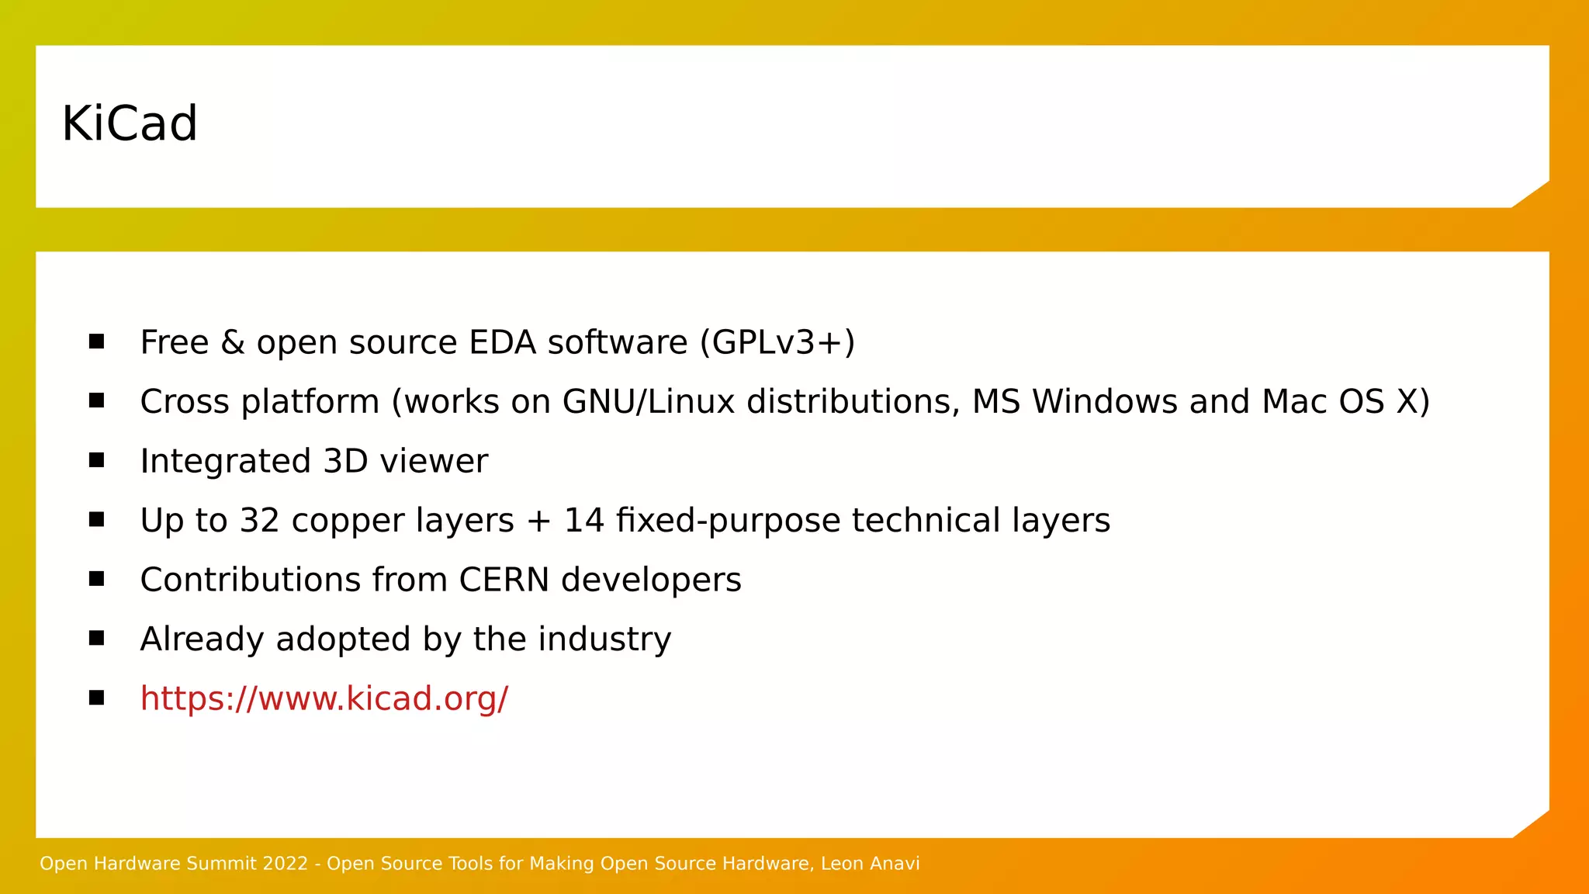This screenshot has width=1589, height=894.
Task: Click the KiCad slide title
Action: (x=130, y=124)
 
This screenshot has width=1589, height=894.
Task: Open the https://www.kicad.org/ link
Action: (x=324, y=698)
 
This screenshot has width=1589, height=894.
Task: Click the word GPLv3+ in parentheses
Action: (x=777, y=342)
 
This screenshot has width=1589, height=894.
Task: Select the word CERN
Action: (x=504, y=580)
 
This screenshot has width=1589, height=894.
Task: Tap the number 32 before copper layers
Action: (x=259, y=521)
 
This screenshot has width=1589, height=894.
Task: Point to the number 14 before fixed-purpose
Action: (x=583, y=521)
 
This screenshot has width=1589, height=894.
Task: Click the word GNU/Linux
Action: (x=648, y=402)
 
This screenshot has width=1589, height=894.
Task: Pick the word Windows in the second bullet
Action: (x=1105, y=402)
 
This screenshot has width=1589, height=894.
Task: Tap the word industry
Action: (x=604, y=639)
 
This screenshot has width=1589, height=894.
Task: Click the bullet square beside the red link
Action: (x=96, y=698)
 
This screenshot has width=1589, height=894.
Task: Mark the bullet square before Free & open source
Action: (x=96, y=341)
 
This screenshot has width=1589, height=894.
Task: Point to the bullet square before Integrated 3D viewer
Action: (x=96, y=460)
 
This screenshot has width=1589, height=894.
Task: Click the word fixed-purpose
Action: (x=729, y=521)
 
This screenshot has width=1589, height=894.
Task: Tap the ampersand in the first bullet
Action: (x=233, y=342)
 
